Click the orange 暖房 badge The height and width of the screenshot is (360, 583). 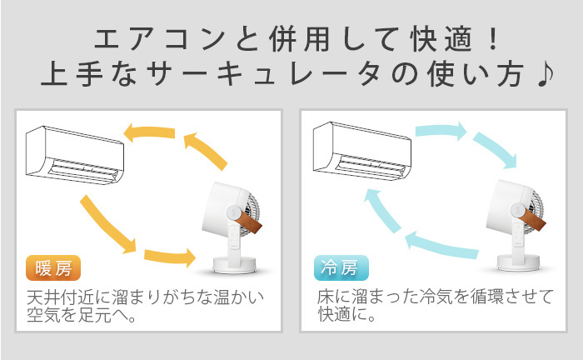[53, 267]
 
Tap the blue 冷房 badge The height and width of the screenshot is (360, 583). [341, 267]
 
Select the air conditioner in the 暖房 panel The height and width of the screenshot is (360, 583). [75, 155]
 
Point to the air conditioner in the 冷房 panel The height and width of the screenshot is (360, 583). [362, 152]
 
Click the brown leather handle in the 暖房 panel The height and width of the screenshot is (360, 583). [248, 222]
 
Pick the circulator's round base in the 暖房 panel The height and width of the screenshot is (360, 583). [234, 265]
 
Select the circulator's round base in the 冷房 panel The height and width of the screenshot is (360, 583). [518, 263]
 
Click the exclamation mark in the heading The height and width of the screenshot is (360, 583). [493, 39]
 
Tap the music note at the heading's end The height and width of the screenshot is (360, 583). [546, 75]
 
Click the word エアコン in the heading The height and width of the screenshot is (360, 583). [160, 39]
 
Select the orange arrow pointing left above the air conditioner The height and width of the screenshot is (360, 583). [149, 132]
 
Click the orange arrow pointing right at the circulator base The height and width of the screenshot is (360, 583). [170, 257]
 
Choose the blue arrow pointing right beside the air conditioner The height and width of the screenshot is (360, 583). [441, 131]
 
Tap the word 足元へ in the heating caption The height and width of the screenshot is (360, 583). [102, 315]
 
